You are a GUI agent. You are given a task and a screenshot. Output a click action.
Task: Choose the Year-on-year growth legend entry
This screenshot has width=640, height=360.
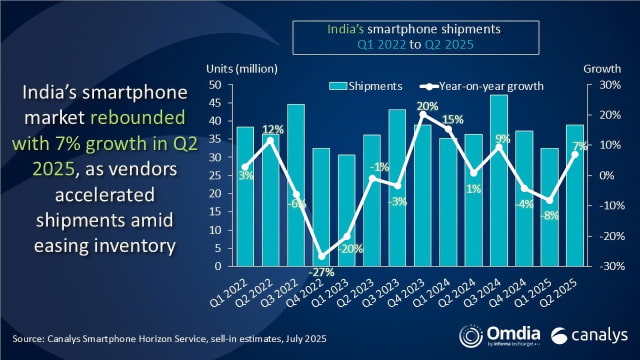pos(479,85)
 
